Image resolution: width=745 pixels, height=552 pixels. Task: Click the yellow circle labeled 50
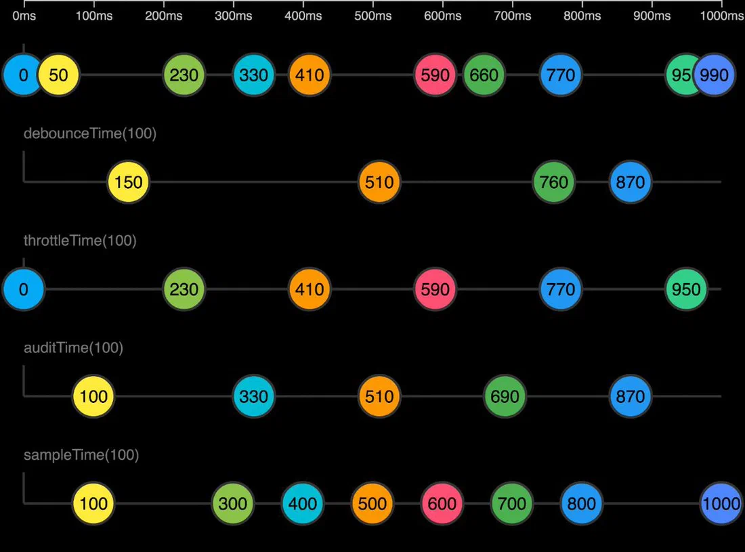click(58, 75)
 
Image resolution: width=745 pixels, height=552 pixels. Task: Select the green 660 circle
click(484, 75)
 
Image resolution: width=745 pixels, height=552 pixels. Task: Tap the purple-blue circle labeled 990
click(714, 75)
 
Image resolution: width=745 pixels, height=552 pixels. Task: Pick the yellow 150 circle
click(128, 182)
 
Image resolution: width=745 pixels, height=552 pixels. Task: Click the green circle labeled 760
click(553, 182)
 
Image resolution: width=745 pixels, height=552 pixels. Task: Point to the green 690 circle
click(505, 396)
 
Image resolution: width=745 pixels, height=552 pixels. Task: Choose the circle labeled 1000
click(721, 503)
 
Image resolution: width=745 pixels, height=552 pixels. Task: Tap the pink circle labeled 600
click(442, 503)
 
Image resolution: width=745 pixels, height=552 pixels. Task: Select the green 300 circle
click(233, 503)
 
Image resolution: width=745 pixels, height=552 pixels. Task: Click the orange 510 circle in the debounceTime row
click(379, 182)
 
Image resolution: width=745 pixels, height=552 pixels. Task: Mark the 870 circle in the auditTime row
click(631, 396)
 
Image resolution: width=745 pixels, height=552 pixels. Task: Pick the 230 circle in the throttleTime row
click(184, 289)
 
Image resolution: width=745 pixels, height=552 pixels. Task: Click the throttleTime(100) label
click(81, 240)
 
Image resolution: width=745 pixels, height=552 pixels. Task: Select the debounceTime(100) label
click(90, 133)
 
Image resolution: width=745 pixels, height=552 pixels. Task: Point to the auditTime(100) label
click(74, 347)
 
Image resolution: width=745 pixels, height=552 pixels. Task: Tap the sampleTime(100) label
click(81, 455)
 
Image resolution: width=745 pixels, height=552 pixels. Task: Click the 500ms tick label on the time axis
click(373, 16)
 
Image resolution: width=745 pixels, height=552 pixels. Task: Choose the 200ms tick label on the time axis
click(163, 16)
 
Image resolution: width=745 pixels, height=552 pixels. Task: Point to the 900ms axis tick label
click(652, 16)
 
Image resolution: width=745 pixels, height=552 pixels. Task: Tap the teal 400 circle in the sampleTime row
click(303, 503)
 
